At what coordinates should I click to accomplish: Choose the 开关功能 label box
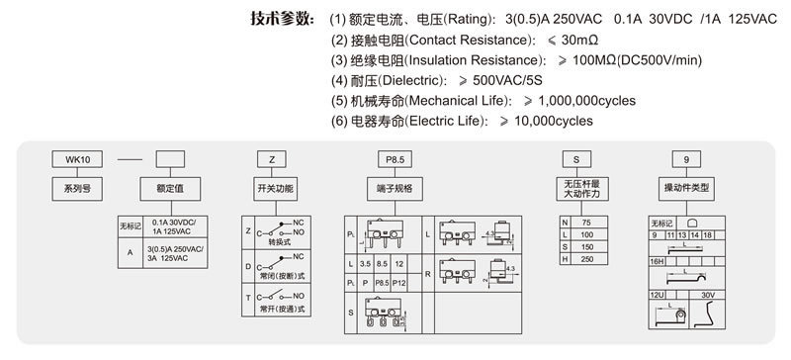pyautogui.click(x=275, y=188)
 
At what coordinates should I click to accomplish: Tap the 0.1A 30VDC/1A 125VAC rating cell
pyautogui.click(x=175, y=225)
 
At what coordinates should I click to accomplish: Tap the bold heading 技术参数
pyautogui.click(x=282, y=19)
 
